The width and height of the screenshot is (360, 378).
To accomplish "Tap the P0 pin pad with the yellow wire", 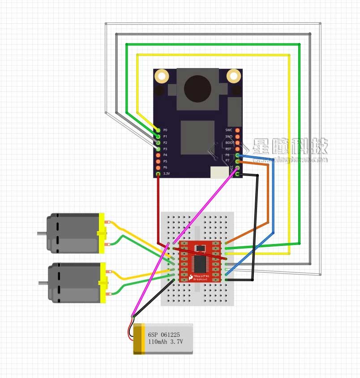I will click(x=158, y=129).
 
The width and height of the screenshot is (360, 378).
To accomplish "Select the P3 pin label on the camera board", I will click(x=165, y=148).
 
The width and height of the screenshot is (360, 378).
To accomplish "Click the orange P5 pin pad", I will click(x=158, y=161).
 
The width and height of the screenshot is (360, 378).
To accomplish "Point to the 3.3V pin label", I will click(x=167, y=173).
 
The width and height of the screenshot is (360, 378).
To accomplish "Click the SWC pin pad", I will click(x=237, y=130).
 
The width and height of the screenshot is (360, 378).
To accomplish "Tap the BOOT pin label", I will click(x=229, y=142).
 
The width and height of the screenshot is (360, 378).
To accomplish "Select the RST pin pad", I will click(x=237, y=149).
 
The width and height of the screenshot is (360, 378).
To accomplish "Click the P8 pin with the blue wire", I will click(x=237, y=155).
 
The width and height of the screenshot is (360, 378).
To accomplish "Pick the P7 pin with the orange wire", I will click(x=237, y=161).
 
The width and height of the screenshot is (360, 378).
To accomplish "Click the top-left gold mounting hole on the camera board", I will click(x=162, y=76).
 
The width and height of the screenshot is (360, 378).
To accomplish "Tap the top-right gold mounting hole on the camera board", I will click(x=233, y=76).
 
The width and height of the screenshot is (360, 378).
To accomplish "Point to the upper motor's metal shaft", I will click(x=42, y=233).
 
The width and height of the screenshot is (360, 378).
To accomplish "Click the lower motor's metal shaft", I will click(x=43, y=283).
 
